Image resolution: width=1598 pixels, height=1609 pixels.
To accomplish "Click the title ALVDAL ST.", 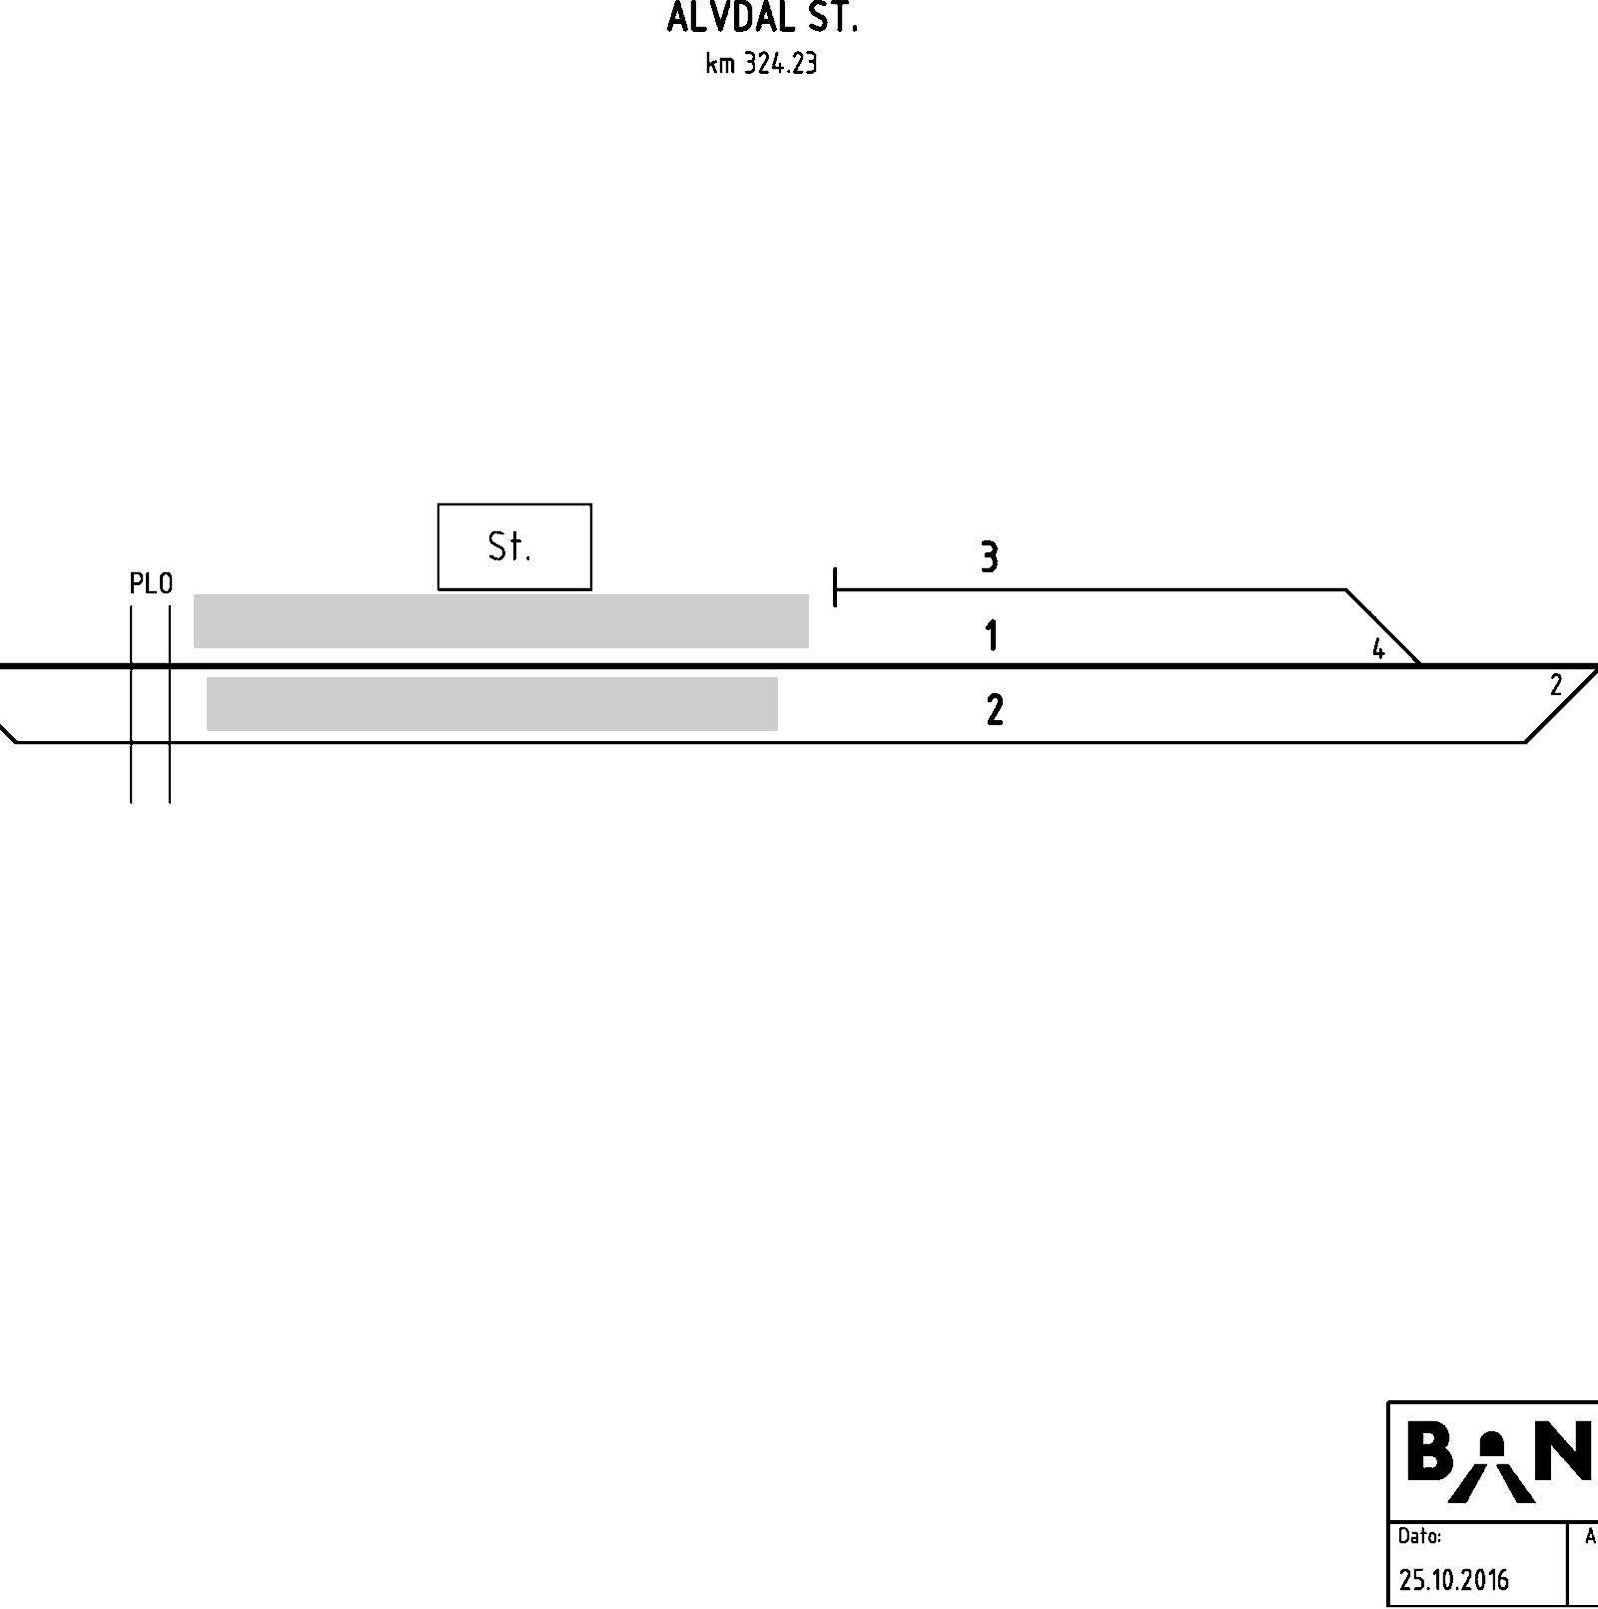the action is (762, 18).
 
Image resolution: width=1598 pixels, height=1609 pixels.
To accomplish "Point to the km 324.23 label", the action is (762, 64).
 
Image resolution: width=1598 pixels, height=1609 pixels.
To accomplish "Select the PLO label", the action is (151, 583).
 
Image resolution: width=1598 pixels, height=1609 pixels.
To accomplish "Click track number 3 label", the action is (989, 556).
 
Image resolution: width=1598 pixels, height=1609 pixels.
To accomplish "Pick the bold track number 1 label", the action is (991, 635).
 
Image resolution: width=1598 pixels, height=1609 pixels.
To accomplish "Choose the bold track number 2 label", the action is (995, 709).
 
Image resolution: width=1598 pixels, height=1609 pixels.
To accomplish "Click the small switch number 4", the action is (1378, 649).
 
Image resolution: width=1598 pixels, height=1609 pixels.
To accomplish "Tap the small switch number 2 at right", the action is (1556, 685).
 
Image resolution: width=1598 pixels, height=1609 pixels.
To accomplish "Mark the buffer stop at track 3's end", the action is (835, 587).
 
